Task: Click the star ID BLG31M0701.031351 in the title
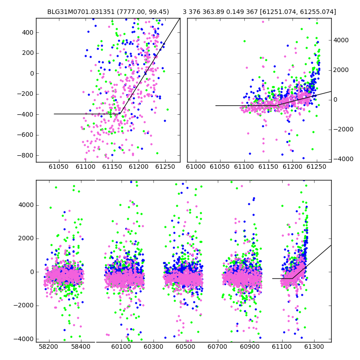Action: pos(81,12)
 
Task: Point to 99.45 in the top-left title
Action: pos(158,12)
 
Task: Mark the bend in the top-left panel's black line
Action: pos(120,114)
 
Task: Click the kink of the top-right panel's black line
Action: pos(276,105)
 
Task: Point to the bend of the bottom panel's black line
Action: pos(292,278)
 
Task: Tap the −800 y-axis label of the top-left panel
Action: pos(25,155)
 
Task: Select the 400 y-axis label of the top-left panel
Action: pos(28,32)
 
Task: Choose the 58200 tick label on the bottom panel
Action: pos(49,346)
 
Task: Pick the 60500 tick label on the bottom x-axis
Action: pos(185,346)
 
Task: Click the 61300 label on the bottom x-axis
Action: pos(314,346)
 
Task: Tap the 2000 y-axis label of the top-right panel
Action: pos(341,70)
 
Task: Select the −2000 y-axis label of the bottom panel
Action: pos(24,306)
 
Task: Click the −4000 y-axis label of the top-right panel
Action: pos(343,159)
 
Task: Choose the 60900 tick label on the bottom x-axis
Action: pos(250,346)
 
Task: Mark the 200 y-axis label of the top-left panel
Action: pos(28,53)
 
